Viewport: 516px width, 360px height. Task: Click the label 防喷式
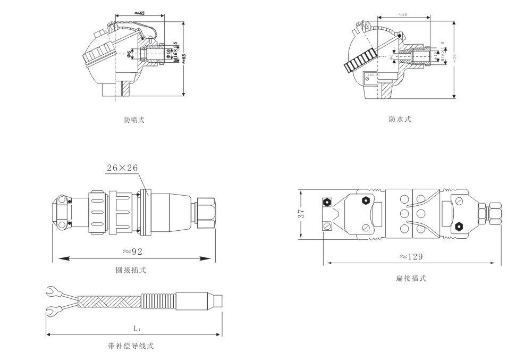tap(134, 120)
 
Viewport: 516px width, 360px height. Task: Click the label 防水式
tap(400, 119)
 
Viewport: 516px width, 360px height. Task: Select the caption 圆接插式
tap(131, 270)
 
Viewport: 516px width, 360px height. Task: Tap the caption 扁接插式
tap(411, 278)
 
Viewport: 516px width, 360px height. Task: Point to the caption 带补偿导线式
tap(131, 346)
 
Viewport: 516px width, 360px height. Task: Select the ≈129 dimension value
tap(411, 256)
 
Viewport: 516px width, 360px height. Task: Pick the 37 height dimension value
tap(301, 214)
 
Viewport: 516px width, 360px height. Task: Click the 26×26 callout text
tap(122, 168)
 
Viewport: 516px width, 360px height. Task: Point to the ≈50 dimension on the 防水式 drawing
tap(402, 15)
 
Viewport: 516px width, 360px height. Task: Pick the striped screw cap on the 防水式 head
tap(359, 62)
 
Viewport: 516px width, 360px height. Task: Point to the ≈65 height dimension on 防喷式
tap(183, 58)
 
